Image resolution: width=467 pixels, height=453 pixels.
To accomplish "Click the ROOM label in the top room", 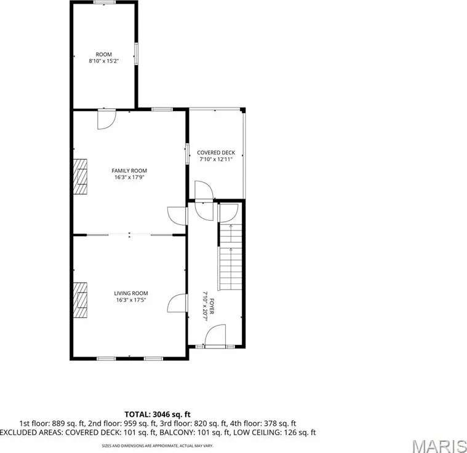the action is (103, 55).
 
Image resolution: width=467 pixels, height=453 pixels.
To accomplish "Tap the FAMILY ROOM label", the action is (129, 171).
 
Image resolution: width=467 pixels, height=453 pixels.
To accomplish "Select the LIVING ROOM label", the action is (131, 293).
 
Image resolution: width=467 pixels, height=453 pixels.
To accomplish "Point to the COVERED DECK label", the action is (216, 152).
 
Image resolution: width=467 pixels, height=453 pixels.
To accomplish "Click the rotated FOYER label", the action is (212, 306).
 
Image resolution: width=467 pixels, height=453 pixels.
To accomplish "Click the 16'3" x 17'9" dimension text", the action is (129, 177).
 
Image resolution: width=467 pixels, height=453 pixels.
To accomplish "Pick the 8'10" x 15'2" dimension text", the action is (103, 61).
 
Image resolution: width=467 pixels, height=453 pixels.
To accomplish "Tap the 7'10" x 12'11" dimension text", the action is (216, 159).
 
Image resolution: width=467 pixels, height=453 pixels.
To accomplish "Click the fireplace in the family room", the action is (80, 176).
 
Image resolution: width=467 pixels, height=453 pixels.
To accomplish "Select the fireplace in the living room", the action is (80, 300).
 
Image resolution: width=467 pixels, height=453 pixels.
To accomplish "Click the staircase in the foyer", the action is (231, 257).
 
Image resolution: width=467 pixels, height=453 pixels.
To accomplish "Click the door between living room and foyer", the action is (177, 303).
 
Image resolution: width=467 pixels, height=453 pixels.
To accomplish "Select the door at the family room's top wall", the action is (106, 119).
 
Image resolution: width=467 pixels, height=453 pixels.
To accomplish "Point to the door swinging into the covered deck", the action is (204, 191).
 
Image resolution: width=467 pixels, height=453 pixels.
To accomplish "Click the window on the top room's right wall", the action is (136, 53).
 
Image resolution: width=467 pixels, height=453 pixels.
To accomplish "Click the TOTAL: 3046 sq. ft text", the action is (158, 414).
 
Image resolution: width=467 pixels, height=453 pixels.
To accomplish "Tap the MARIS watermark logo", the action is (439, 446).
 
